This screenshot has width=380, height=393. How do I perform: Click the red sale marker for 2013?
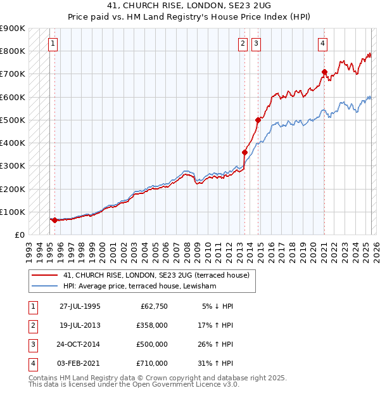[x=244, y=152]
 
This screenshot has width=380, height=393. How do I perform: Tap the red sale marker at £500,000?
[x=258, y=120]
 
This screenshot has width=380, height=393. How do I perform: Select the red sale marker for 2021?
[x=324, y=72]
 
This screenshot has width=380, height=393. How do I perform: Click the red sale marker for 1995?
[x=54, y=220]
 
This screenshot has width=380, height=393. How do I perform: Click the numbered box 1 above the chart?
[x=52, y=44]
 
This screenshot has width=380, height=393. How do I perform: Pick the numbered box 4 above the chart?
[x=322, y=44]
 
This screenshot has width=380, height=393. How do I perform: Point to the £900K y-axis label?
[x=13, y=29]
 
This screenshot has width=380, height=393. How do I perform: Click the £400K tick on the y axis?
[x=13, y=143]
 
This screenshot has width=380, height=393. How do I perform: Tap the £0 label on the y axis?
[x=19, y=235]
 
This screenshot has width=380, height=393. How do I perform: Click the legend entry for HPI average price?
[x=139, y=287]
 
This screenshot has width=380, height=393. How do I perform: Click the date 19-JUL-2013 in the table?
[x=80, y=325]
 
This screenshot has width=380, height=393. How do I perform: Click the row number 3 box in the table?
[x=31, y=344]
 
